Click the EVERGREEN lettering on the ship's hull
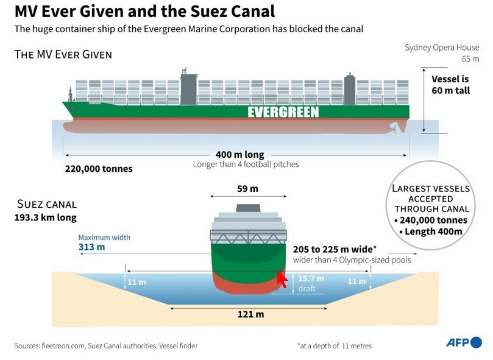283,112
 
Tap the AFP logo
464,342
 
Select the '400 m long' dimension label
240,155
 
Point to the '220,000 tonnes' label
99,169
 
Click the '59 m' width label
248,189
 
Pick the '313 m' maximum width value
92,247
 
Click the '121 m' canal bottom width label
250,314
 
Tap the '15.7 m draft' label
311,283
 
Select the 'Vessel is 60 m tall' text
450,85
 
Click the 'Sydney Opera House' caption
442,48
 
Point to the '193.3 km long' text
46,217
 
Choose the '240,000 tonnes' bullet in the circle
431,220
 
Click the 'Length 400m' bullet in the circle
431,231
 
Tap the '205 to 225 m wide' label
335,249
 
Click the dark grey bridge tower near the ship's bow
189,89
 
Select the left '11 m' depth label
137,282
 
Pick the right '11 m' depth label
357,281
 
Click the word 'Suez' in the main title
208,12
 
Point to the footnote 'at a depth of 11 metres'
335,346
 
